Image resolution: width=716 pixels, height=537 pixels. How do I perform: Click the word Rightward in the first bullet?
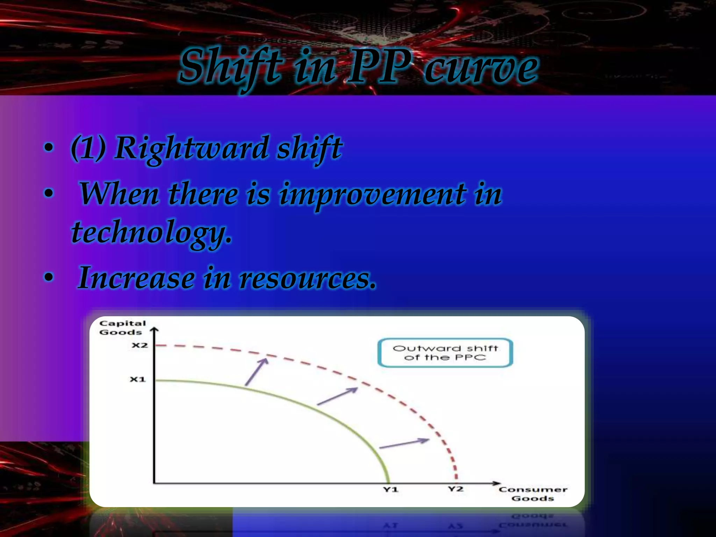(191, 148)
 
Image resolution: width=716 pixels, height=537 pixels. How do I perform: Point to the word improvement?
(372, 194)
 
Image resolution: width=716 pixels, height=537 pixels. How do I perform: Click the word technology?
(151, 232)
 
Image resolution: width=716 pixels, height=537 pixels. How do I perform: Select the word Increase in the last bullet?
(136, 278)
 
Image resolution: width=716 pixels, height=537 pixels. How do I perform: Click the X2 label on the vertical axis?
(139, 345)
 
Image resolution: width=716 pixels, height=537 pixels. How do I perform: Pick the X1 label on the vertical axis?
(137, 379)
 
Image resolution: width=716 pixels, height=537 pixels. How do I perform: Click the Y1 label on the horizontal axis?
(391, 489)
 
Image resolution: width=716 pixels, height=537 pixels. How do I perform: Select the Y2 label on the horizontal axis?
(456, 489)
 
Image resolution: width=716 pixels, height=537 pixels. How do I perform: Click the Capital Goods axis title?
(122, 328)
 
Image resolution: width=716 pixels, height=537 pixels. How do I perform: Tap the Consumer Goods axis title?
(532, 494)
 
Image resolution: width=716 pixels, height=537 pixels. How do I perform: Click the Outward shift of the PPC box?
(445, 353)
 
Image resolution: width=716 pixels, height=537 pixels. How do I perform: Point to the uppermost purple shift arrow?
(257, 372)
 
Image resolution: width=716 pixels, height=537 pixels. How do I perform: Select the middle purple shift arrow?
(337, 396)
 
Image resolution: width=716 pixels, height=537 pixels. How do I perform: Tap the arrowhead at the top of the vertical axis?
(154, 329)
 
